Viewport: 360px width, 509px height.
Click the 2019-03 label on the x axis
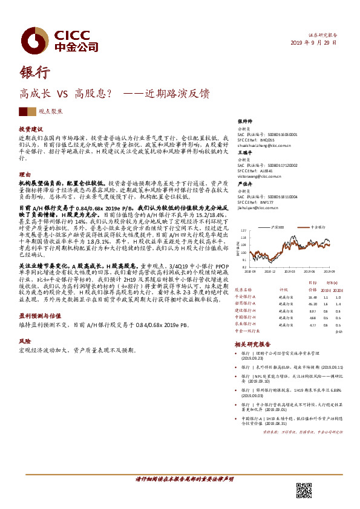[287, 272]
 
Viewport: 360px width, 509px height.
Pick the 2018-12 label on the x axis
[269, 272]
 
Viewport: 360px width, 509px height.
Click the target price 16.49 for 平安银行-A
[312, 297]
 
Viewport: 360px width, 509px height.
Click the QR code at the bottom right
[304, 491]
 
